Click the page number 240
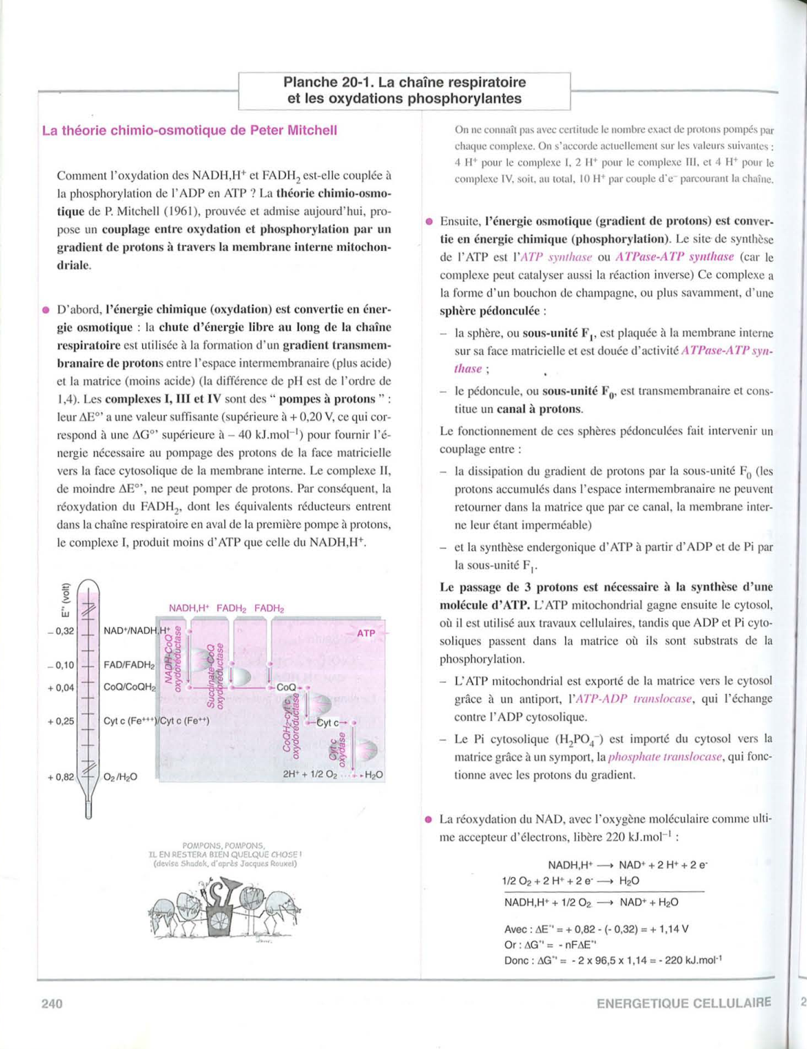[52, 1004]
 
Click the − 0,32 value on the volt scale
[61, 631]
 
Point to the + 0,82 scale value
[61, 777]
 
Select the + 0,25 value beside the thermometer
[61, 721]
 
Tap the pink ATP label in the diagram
[366, 633]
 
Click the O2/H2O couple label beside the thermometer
[120, 777]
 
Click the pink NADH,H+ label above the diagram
[189, 608]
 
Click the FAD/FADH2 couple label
[129, 665]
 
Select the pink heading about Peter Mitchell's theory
[189, 131]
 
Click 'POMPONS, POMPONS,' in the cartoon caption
[224, 845]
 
